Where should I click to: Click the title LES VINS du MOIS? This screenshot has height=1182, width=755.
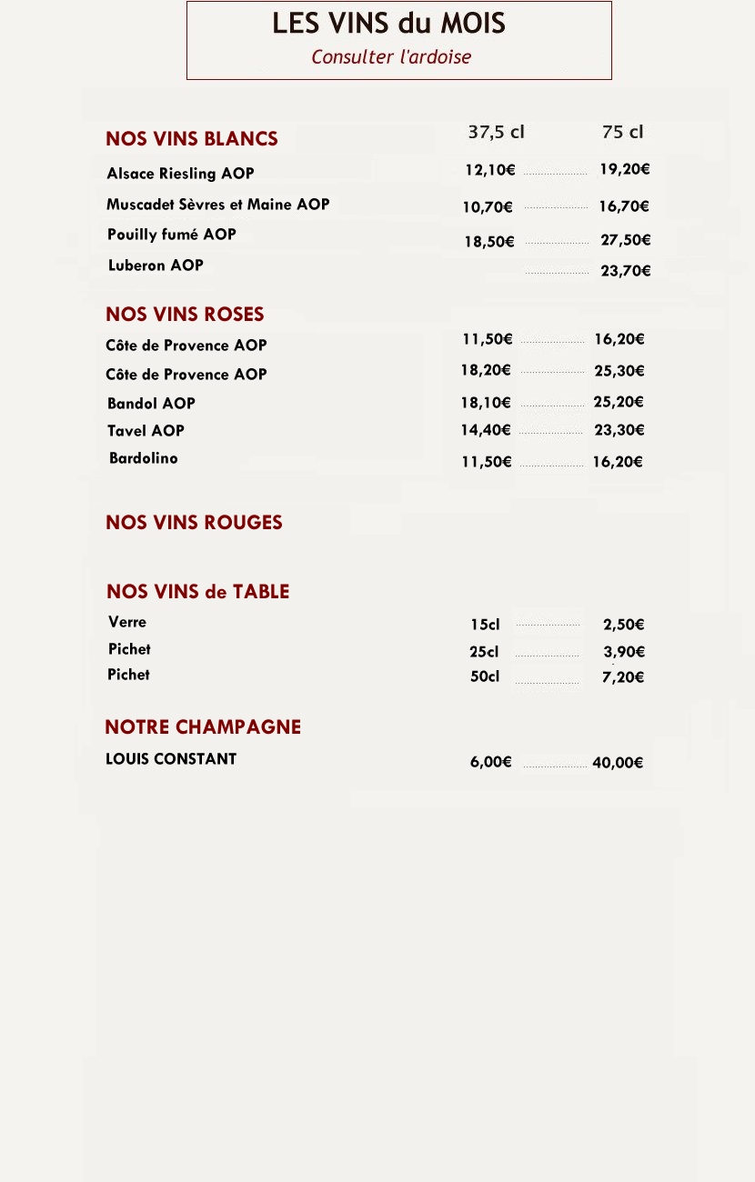(388, 24)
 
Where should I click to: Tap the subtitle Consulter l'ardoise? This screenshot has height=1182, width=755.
(391, 57)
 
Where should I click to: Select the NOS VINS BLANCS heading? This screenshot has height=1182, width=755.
(192, 139)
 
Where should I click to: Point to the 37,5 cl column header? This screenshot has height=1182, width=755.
(496, 132)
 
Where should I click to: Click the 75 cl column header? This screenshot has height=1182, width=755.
(623, 132)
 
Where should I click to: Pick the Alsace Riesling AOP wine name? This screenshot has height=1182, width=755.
(180, 174)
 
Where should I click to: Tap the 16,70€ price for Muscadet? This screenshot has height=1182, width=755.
(624, 206)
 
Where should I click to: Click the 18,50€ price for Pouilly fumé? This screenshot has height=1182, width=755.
(489, 242)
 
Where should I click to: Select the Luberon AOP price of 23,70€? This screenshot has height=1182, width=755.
(626, 271)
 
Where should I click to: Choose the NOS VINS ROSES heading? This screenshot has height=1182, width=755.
(185, 315)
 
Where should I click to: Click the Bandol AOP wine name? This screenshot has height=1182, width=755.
(151, 404)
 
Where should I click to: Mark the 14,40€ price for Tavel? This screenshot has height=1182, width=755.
(486, 430)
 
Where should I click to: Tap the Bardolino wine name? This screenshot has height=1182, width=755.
(144, 458)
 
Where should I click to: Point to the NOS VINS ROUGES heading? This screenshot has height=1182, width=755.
(194, 523)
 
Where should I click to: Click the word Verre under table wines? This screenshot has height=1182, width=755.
(127, 623)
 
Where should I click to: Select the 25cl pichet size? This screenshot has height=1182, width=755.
(484, 652)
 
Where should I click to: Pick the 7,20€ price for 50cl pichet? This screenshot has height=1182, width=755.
(624, 677)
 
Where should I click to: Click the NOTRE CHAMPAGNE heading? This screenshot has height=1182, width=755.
(203, 727)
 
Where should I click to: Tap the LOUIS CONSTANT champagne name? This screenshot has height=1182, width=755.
(171, 759)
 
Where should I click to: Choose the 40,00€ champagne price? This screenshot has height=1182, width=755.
(618, 763)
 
